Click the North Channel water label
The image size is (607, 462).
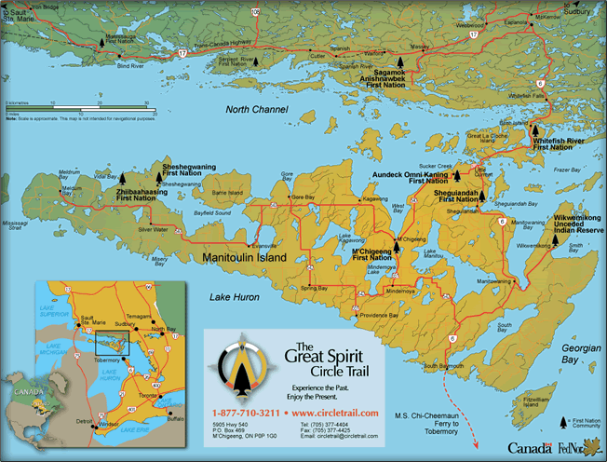(x=258, y=110)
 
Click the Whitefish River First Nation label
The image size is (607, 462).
(x=559, y=143)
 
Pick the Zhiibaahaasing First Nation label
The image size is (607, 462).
(x=136, y=194)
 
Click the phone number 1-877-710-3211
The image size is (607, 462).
(x=245, y=412)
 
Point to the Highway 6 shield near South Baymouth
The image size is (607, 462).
(x=452, y=339)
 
